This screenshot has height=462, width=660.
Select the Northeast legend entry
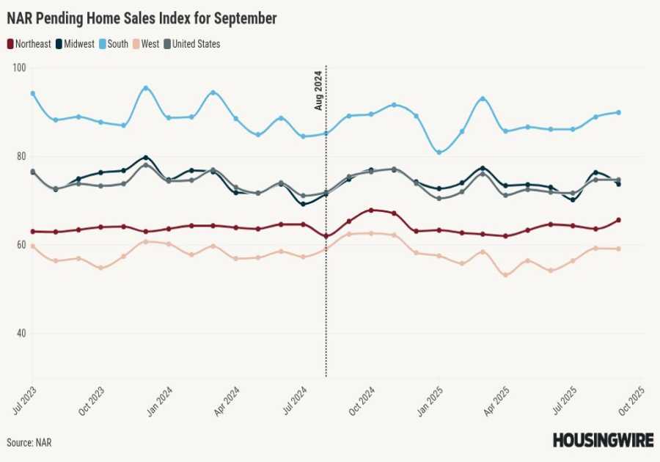click(29, 44)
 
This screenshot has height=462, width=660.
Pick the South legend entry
click(117, 44)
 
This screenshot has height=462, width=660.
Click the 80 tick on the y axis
click(19, 156)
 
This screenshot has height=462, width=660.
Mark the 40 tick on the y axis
click(19, 334)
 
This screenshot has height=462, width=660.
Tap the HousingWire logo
click(602, 440)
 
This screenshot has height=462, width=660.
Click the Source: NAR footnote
click(29, 443)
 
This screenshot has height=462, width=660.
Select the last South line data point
click(619, 112)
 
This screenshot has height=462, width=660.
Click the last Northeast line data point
click(619, 220)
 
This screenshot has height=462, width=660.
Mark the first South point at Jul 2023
click(33, 93)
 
